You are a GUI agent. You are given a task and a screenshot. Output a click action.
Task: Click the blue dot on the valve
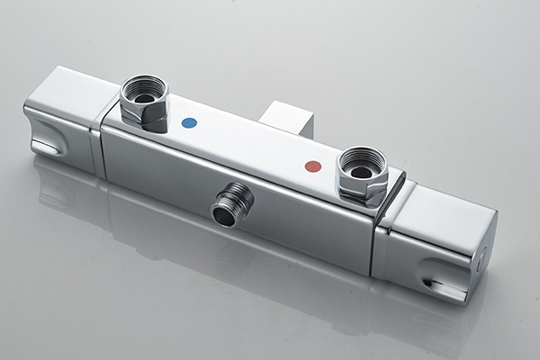pyautogui.click(x=189, y=122)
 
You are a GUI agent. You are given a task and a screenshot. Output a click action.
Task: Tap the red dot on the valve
pyautogui.click(x=313, y=166)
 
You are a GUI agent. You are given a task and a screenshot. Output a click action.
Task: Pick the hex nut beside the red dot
pyautogui.click(x=362, y=175)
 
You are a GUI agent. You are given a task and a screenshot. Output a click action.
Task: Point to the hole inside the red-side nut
pyautogui.click(x=361, y=171)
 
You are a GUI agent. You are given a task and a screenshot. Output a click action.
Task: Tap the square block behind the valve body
pyautogui.click(x=286, y=118)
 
